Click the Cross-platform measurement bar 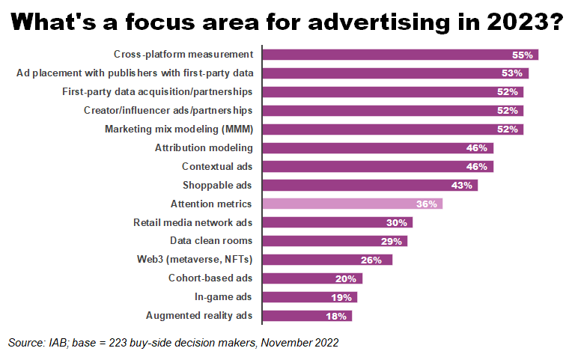[x=400, y=55]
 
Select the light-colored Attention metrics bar [x=352, y=204]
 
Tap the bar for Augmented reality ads [x=307, y=316]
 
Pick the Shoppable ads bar [x=370, y=185]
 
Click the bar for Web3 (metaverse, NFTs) [x=327, y=260]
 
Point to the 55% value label [x=523, y=55]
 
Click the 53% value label [x=513, y=73]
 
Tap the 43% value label [x=462, y=185]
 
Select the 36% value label [x=427, y=204]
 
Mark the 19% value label [x=341, y=297]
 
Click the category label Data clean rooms [x=211, y=241]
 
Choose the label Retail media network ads [x=192, y=222]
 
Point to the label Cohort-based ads [x=210, y=278]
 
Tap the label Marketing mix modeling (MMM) [x=178, y=129]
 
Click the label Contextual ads [x=217, y=166]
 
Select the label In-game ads [x=223, y=297]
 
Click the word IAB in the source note [x=57, y=343]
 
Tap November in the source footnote [x=282, y=343]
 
